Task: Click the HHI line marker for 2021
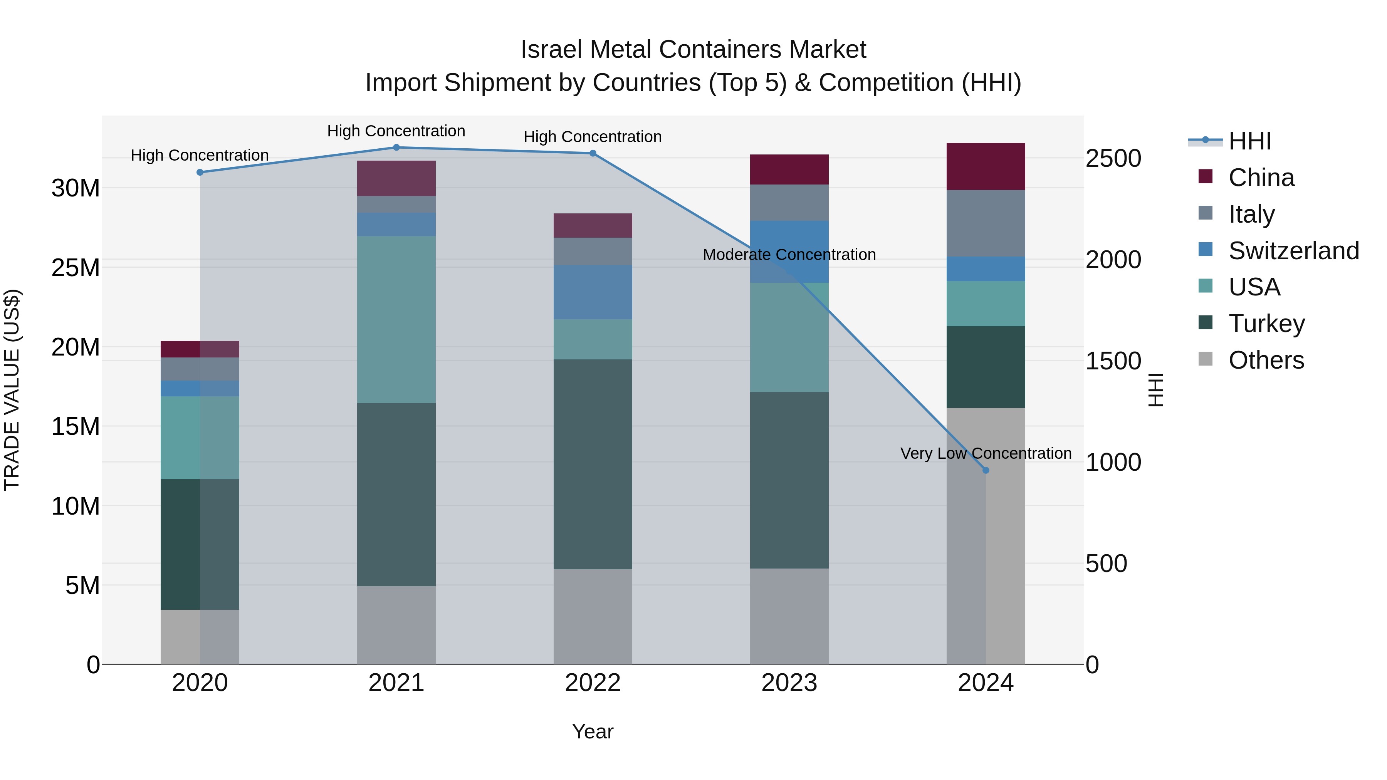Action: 396,147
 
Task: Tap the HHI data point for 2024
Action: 986,470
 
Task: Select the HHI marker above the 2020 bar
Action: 200,172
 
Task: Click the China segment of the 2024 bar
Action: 986,166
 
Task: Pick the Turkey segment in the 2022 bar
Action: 593,464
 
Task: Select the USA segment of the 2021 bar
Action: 396,319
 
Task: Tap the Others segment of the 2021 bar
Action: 396,625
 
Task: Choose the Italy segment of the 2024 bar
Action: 986,223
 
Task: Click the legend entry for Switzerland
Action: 1293,250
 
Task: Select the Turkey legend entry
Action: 1266,323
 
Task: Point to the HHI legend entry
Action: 1249,141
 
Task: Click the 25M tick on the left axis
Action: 76,268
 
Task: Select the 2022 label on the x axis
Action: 593,683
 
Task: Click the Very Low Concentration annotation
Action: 986,453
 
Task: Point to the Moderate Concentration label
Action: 789,255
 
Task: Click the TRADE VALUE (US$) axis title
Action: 12,390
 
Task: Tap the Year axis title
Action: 593,731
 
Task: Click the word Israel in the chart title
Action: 551,50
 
